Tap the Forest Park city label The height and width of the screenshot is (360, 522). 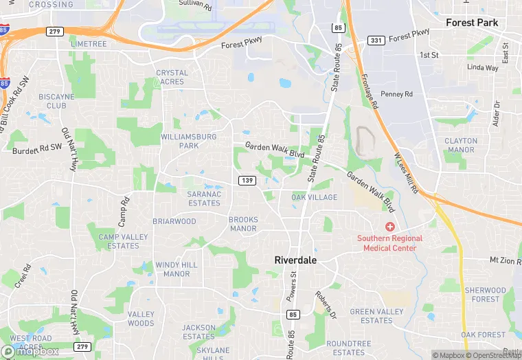[472, 23]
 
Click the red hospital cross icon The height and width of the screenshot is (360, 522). [390, 227]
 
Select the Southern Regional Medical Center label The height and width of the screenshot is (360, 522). [389, 243]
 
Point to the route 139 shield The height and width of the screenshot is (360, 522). [248, 180]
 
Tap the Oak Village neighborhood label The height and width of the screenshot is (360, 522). [314, 197]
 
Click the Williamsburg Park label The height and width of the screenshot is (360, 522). [189, 141]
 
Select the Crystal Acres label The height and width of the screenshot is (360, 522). [172, 77]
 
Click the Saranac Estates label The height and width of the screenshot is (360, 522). [204, 199]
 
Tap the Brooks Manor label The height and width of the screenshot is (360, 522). [243, 224]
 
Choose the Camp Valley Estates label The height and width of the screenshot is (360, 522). [123, 241]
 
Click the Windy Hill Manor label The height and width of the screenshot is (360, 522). [177, 269]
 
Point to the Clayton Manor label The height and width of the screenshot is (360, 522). [460, 145]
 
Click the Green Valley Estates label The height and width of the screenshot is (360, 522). [376, 316]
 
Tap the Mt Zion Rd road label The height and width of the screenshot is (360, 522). [505, 260]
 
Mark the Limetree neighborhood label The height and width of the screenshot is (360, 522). [88, 44]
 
